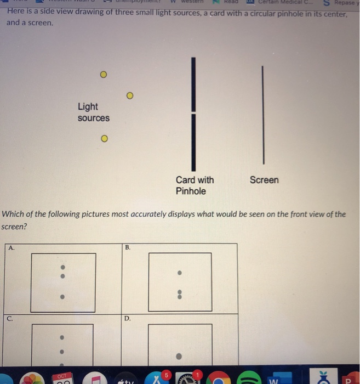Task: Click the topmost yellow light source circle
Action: tap(102, 75)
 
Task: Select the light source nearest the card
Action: tap(130, 95)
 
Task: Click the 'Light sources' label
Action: tap(93, 112)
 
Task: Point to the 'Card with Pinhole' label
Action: tap(195, 185)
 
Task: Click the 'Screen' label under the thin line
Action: tap(264, 180)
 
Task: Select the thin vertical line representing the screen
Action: tap(263, 115)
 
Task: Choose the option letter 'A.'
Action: tap(11, 248)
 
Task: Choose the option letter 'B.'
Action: tap(128, 248)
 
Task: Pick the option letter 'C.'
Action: tap(11, 318)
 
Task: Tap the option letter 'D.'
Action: tap(128, 318)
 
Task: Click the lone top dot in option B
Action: tap(179, 273)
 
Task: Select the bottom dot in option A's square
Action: tap(62, 297)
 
